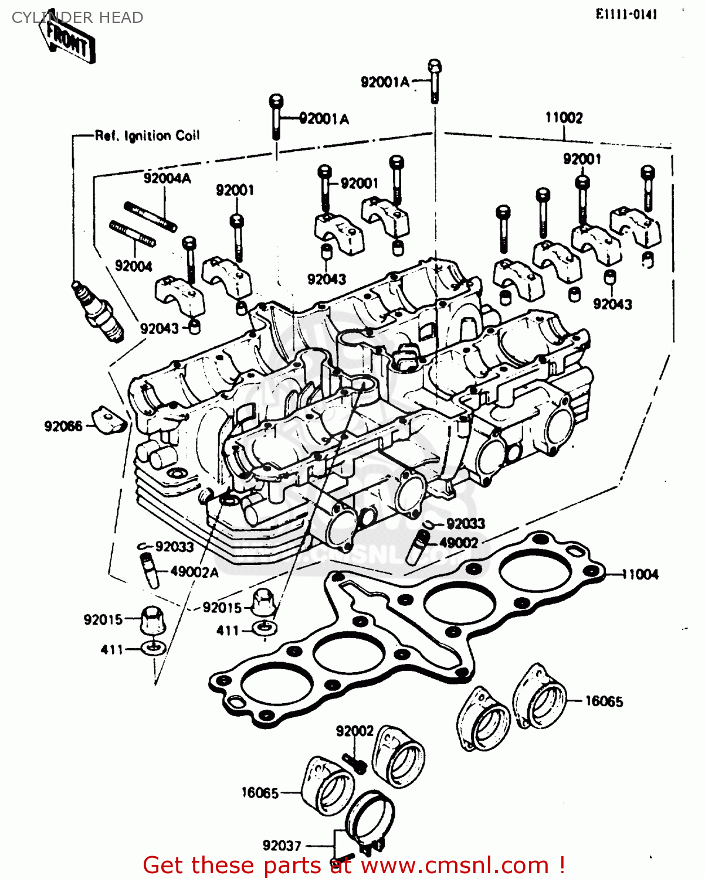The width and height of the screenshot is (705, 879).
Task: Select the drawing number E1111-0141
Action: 626,15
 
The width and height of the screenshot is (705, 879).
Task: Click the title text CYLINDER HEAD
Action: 77,18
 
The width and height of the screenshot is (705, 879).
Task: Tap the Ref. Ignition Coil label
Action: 147,136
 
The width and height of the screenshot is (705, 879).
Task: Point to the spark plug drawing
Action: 99,311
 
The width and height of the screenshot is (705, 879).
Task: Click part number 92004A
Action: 167,178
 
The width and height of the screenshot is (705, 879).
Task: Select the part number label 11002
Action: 564,118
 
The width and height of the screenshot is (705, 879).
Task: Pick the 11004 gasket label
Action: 640,574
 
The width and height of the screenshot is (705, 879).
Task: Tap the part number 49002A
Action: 194,571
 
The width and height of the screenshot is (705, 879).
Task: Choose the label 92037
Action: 282,846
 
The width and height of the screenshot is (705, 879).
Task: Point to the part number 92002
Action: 354,731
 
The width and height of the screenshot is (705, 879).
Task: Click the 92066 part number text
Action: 63,426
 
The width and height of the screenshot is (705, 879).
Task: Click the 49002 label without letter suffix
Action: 459,543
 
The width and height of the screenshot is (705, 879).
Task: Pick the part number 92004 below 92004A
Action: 133,266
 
